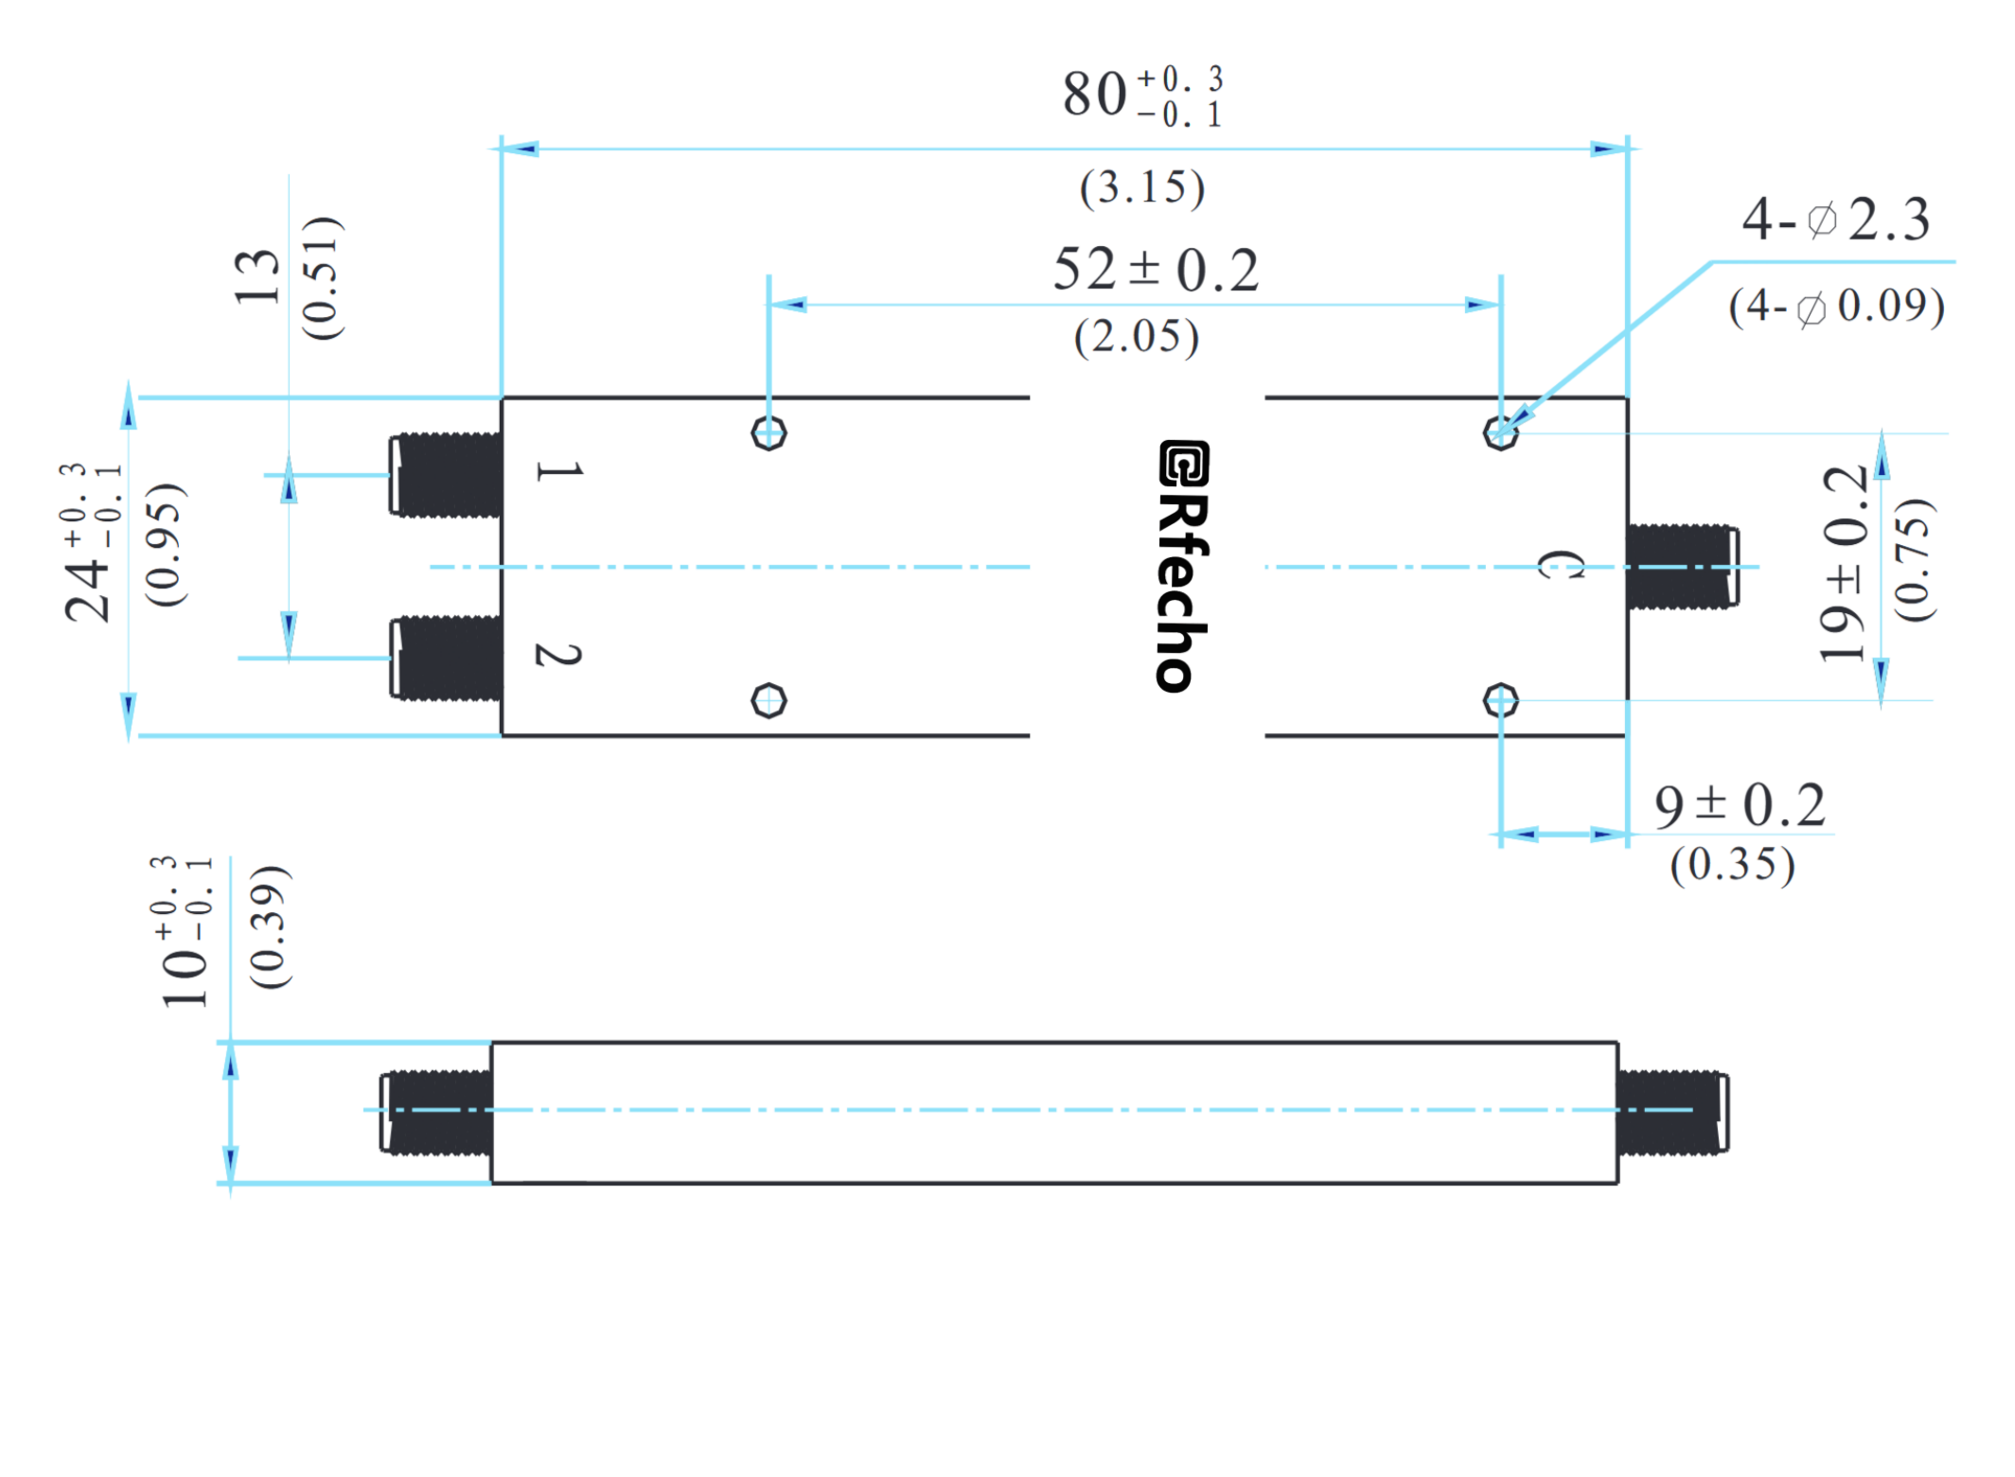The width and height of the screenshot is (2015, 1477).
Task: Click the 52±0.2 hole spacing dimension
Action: click(1155, 269)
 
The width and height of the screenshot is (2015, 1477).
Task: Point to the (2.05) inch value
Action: click(1135, 336)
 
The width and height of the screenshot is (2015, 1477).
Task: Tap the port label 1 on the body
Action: click(558, 470)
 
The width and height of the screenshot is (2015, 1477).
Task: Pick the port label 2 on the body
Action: click(558, 653)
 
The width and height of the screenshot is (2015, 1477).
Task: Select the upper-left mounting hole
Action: click(768, 433)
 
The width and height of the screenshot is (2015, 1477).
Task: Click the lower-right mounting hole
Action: click(1499, 700)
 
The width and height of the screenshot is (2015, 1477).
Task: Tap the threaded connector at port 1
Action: click(445, 474)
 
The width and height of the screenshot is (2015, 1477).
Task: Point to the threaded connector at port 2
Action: click(445, 658)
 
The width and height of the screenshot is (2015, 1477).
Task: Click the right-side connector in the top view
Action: click(1681, 566)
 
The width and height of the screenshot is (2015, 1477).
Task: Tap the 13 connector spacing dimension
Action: click(256, 276)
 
